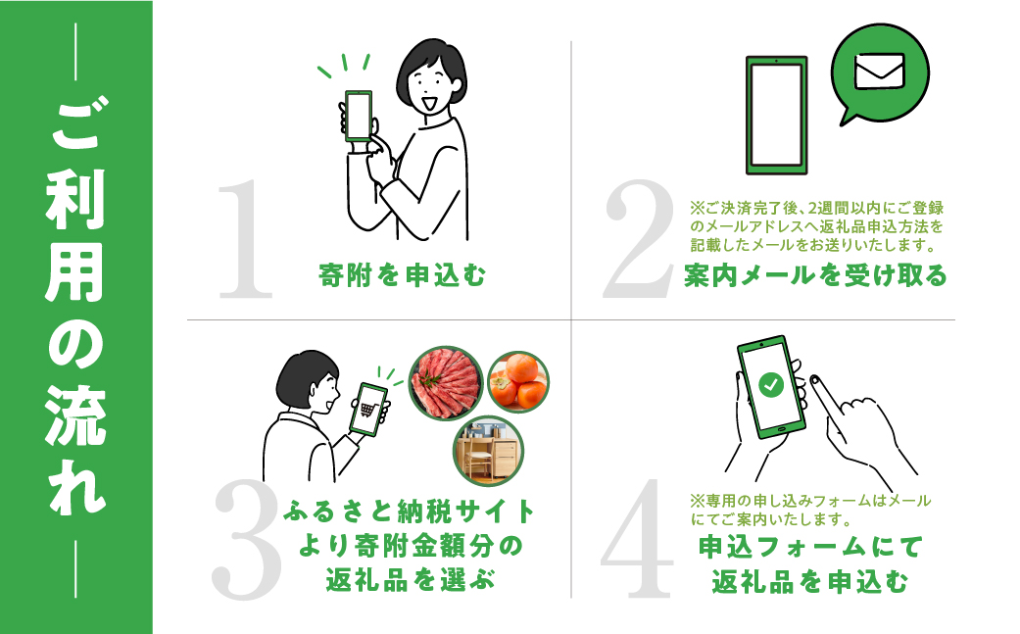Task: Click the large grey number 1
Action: pyautogui.click(x=246, y=240)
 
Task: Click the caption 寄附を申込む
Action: pyautogui.click(x=403, y=276)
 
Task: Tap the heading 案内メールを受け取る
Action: pyautogui.click(x=815, y=276)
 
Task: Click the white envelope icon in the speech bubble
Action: pyautogui.click(x=879, y=72)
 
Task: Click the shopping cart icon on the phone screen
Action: pyautogui.click(x=368, y=411)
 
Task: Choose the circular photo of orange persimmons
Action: pyautogui.click(x=518, y=382)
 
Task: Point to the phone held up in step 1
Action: pyautogui.click(x=358, y=117)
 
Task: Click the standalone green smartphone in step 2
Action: pyautogui.click(x=777, y=114)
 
